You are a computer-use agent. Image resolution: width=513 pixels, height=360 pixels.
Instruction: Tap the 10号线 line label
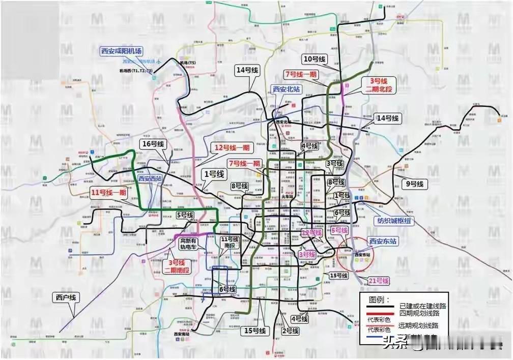[x=314, y=58]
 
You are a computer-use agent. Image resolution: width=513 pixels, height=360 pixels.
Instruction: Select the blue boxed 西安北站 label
[x=287, y=89]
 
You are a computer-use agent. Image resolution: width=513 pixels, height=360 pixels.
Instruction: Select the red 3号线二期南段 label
[x=177, y=266]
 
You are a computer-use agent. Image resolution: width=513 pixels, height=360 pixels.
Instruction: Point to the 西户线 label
[x=66, y=297]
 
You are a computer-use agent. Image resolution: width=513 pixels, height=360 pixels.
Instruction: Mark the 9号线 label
[x=415, y=184]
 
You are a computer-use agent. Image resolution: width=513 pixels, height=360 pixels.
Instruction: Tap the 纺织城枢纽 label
[x=396, y=221]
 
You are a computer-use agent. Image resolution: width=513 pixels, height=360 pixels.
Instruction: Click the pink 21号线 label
[x=379, y=281]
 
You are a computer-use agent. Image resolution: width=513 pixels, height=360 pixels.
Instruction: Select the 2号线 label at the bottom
[x=289, y=331]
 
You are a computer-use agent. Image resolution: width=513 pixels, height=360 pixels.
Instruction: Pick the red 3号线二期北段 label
[x=378, y=85]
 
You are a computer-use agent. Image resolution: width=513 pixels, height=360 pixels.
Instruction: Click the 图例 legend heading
[x=379, y=299]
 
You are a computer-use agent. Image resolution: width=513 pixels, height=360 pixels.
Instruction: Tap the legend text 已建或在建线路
[x=422, y=307]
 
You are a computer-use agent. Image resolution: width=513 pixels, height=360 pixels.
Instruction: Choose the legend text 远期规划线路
[x=418, y=325]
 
